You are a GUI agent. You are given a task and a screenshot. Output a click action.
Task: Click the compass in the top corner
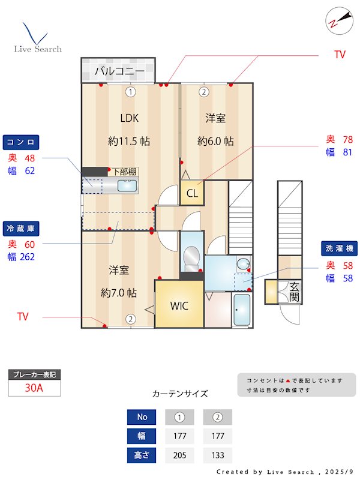coord(339,21)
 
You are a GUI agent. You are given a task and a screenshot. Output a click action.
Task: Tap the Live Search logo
coord(38,38)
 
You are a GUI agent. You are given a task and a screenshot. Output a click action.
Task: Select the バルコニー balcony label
coord(119,71)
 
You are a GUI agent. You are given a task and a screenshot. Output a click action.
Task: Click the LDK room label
coord(129,118)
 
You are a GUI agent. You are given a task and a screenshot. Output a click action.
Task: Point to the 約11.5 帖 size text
coord(129,141)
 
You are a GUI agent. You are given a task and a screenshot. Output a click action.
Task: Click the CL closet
coord(192,193)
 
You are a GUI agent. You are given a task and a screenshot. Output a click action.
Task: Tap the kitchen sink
coord(127,185)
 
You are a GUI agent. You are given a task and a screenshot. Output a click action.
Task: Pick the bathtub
coord(242,310)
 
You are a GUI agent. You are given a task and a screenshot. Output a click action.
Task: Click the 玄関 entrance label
coord(294,292)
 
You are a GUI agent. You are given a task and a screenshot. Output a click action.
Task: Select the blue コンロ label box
coord(21,142)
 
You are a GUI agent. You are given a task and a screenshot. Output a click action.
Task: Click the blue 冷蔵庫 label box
coord(21,229)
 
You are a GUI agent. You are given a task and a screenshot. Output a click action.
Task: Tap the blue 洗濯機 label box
coord(339,248)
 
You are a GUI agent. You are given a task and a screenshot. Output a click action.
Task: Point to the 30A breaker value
coord(34,388)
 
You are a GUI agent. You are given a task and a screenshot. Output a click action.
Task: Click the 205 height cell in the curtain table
coord(179,455)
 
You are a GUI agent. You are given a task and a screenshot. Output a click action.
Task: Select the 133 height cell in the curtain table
coord(218,455)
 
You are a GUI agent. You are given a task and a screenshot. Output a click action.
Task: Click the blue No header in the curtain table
coord(142,417)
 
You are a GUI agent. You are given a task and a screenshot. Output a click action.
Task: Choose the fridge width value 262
coord(27,257)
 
